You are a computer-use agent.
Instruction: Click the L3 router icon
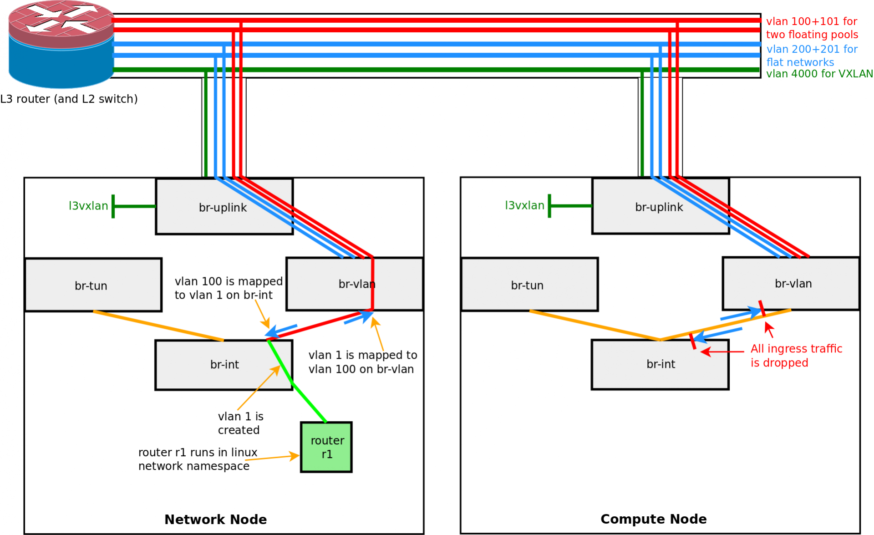[x=61, y=44]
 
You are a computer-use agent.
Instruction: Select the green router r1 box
[x=326, y=447]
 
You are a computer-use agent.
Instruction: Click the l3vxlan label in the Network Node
[x=88, y=206]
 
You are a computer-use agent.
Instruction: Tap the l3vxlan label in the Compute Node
[x=524, y=205]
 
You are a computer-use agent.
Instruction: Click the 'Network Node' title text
[x=215, y=520]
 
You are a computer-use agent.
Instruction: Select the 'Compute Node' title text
[x=653, y=519]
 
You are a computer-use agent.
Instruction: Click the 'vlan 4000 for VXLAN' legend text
[x=819, y=74]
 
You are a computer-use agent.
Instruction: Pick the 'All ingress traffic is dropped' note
[x=796, y=356]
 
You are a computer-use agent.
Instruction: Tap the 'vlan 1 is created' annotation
[x=240, y=423]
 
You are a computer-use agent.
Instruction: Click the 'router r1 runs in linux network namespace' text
[x=198, y=459]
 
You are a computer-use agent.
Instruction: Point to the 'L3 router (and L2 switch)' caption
[x=69, y=99]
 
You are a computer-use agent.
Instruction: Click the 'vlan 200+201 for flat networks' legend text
[x=811, y=56]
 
